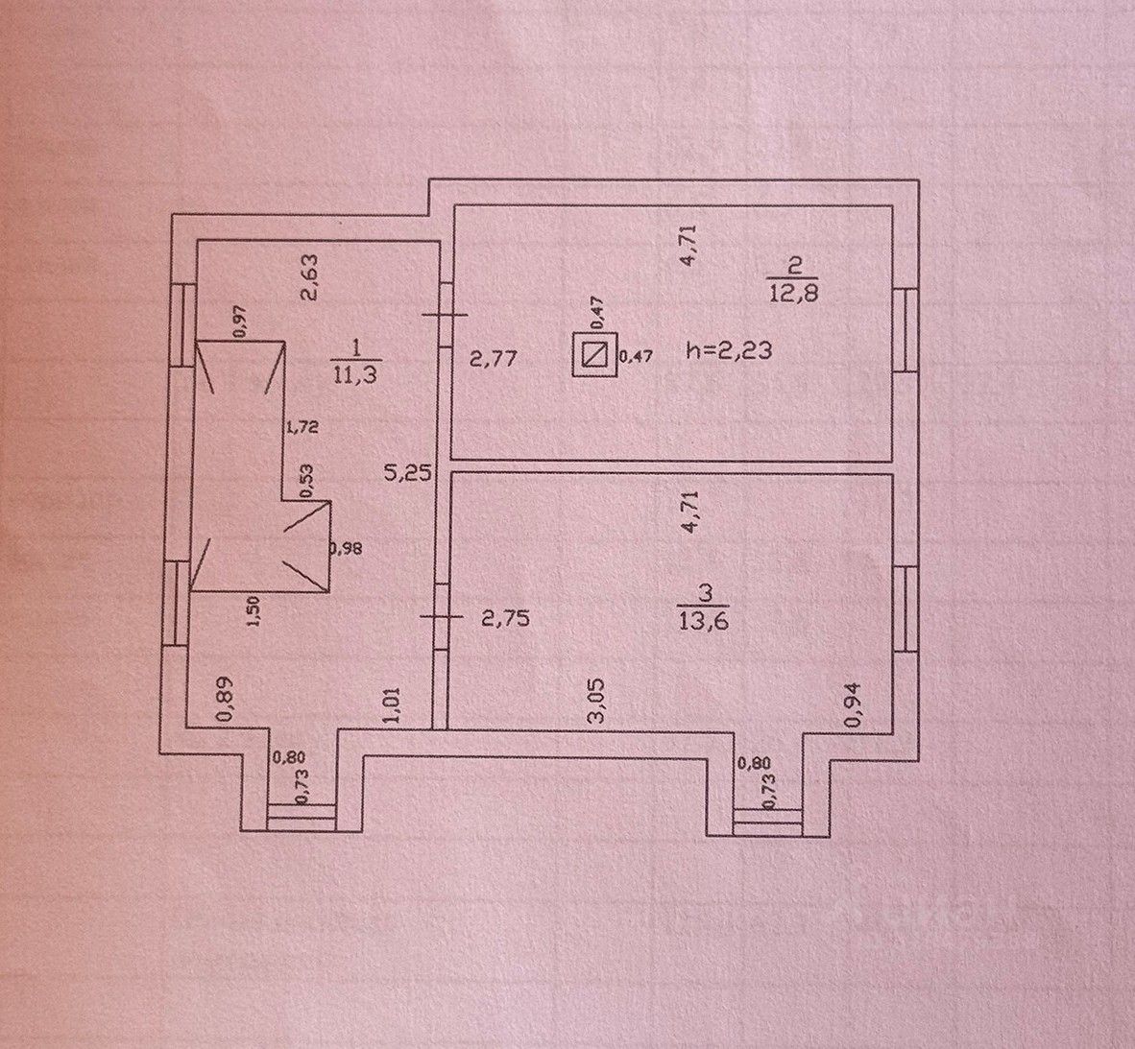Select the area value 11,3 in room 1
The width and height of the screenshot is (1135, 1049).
point(353,376)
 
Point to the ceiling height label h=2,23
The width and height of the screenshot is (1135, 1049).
point(728,351)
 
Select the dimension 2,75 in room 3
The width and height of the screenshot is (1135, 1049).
point(505,619)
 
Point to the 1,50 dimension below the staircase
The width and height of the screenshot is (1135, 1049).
point(254,611)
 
